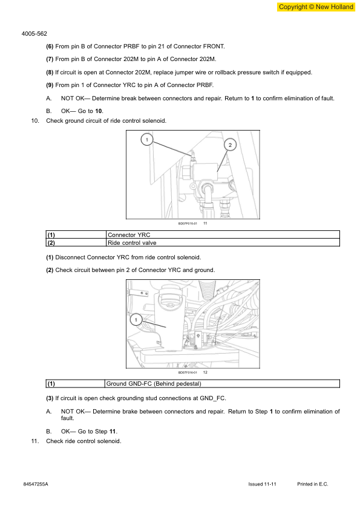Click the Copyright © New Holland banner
[x=316, y=7]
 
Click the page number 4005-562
[x=34, y=34]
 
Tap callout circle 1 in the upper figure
[x=146, y=140]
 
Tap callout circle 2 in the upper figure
[x=230, y=144]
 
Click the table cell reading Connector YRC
[x=129, y=235]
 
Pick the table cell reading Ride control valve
[x=132, y=242]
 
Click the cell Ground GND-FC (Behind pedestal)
[x=154, y=384]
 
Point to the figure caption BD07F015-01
[x=188, y=224]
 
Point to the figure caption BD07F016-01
[x=188, y=373]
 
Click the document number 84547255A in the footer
[x=36, y=485]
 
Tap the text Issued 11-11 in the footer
[x=263, y=485]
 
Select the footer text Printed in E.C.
[x=313, y=485]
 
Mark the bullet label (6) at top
[x=50, y=47]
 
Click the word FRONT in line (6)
[x=212, y=47]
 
